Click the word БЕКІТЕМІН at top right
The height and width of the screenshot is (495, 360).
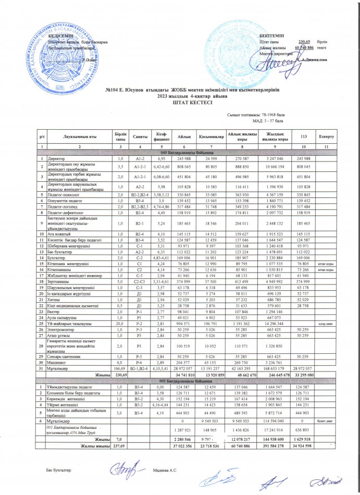pyautogui.click(x=271, y=34)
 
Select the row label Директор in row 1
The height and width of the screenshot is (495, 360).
pyautogui.click(x=56, y=157)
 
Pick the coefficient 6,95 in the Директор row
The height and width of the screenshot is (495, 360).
pyautogui.click(x=160, y=157)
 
